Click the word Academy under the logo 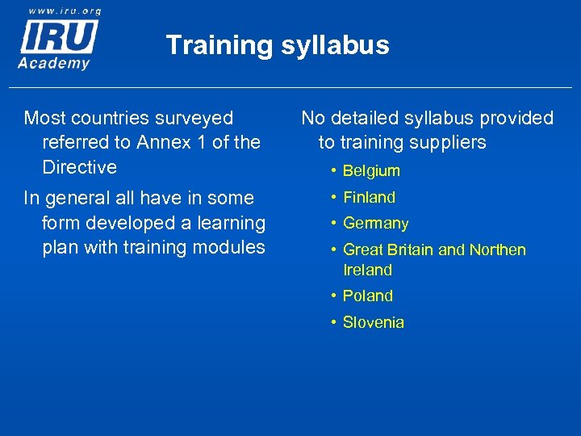(x=55, y=62)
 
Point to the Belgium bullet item (x=371, y=170)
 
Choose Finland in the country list (x=369, y=197)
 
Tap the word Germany (x=375, y=224)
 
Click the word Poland (x=367, y=296)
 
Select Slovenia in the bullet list (x=373, y=322)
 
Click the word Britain (x=412, y=249)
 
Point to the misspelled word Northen (x=495, y=249)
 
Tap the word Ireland (x=367, y=270)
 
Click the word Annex (x=165, y=142)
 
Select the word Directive (x=79, y=167)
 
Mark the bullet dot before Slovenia (x=332, y=323)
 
